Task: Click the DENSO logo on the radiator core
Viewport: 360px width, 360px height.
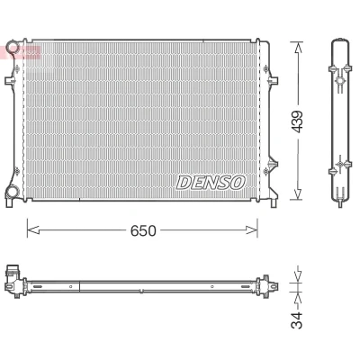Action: pos(211,183)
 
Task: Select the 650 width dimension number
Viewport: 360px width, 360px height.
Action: pos(143,230)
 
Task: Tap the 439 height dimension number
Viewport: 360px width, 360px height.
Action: pos(298,121)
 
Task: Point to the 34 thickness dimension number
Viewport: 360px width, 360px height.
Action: pos(296,319)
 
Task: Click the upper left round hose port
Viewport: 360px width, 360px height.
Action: pos(13,48)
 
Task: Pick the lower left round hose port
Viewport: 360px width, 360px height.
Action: pos(13,191)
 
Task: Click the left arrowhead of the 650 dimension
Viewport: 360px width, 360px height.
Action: pos(33,230)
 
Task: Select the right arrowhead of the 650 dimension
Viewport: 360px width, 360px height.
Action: pos(251,230)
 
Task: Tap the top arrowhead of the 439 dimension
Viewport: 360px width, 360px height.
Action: pos(298,48)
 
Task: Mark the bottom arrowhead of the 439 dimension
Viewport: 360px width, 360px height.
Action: pos(298,193)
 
